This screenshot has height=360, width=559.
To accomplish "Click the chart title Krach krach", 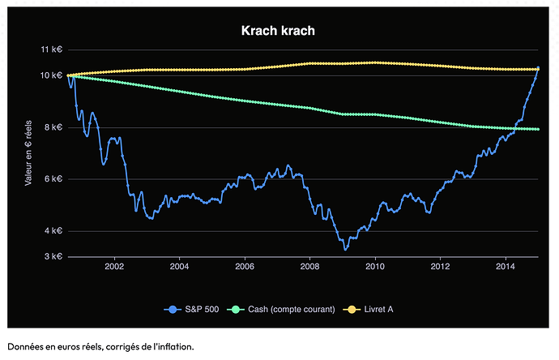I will pyautogui.click(x=278, y=31).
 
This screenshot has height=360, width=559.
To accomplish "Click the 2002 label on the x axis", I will pyautogui.click(x=114, y=267).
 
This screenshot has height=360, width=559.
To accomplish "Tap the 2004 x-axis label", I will pyautogui.click(x=179, y=267).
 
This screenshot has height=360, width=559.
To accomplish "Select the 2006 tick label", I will pyautogui.click(x=245, y=267).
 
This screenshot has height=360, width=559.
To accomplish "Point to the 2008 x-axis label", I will pyautogui.click(x=309, y=267).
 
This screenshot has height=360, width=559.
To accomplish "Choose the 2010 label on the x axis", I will pyautogui.click(x=374, y=267).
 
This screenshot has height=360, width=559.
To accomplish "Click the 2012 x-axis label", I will pyautogui.click(x=440, y=267).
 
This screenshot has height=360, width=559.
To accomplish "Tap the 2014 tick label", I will pyautogui.click(x=505, y=267).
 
